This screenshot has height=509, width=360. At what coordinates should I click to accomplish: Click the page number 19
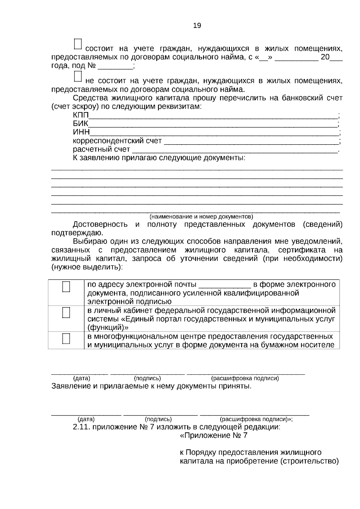point(197,25)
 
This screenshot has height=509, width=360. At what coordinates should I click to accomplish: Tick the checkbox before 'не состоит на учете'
point(77,76)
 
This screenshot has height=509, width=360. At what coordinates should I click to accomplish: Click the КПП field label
point(81,115)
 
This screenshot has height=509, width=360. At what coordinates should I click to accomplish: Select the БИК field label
point(80,124)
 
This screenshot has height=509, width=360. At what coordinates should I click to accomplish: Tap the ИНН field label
point(81,132)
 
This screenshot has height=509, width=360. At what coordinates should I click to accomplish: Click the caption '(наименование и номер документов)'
point(201,217)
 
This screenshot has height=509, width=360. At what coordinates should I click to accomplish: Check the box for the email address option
point(66,287)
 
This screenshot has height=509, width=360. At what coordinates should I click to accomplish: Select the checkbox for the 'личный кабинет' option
point(66,313)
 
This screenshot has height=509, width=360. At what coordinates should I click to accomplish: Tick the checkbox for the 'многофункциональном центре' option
point(66,339)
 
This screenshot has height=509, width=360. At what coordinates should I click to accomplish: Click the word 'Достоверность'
point(100,225)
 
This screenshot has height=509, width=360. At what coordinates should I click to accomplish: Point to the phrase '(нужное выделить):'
point(87,267)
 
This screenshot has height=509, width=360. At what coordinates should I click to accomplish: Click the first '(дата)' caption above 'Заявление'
point(82,379)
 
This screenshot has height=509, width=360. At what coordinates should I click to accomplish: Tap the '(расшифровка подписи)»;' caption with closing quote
point(256,419)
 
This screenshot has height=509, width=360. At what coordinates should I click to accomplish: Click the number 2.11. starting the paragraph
point(81,427)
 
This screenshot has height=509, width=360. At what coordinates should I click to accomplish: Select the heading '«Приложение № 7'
point(214,436)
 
